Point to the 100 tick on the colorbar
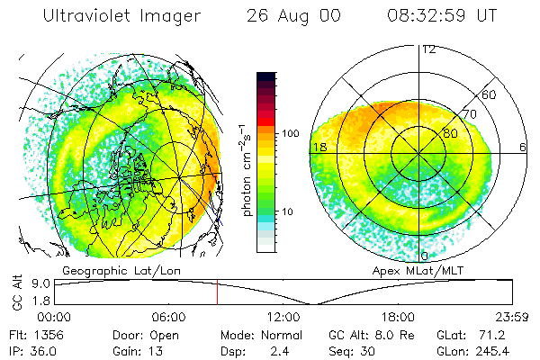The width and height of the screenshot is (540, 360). (x=291, y=133)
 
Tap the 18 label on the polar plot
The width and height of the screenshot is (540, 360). (x=318, y=147)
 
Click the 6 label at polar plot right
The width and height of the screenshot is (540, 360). (x=523, y=147)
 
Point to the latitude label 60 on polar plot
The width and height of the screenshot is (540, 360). (x=490, y=94)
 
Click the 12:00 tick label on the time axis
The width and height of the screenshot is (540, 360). (x=283, y=317)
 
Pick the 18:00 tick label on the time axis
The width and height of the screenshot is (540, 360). (x=397, y=317)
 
